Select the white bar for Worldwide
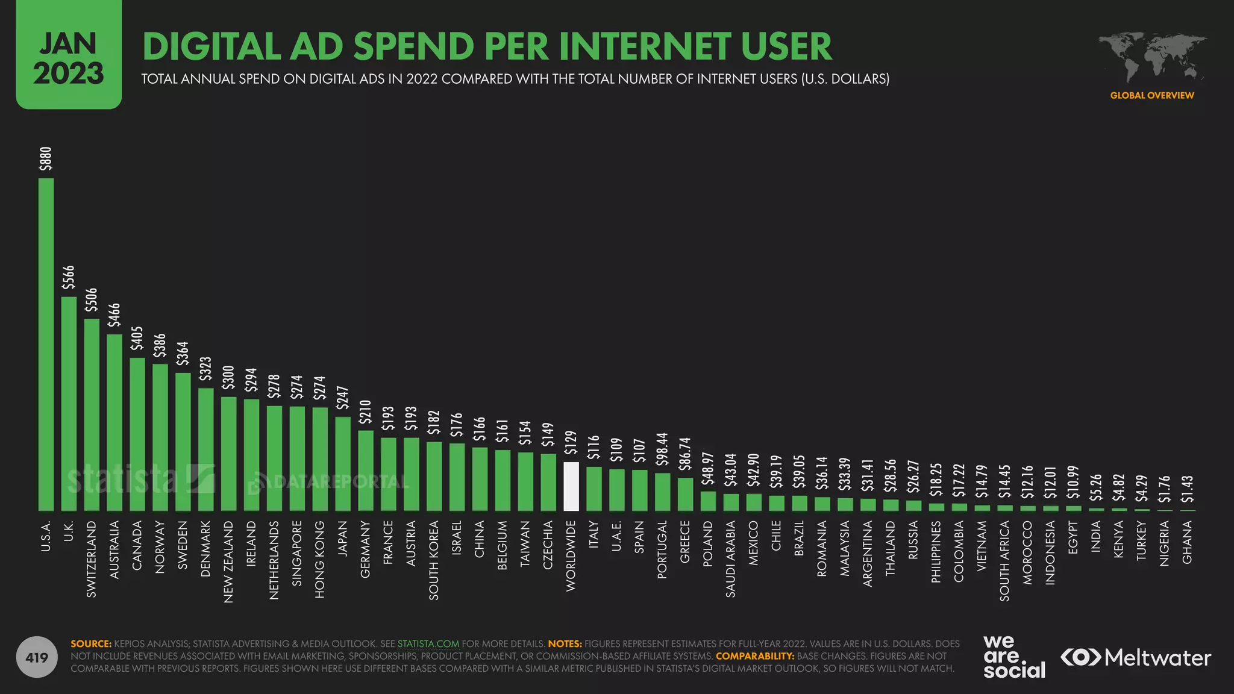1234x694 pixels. pyautogui.click(x=571, y=487)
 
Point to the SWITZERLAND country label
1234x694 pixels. pyautogui.click(x=92, y=559)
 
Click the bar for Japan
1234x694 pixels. pyautogui.click(x=343, y=464)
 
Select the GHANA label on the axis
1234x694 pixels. pyautogui.click(x=1187, y=542)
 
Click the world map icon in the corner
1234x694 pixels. pyautogui.click(x=1152, y=58)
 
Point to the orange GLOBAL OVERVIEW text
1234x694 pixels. pyautogui.click(x=1152, y=95)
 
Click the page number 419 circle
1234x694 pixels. pyautogui.click(x=37, y=657)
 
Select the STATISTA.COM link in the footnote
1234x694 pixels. pyautogui.click(x=428, y=643)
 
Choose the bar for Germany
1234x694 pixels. pyautogui.click(x=366, y=470)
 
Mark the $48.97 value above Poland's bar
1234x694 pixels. pyautogui.click(x=708, y=469)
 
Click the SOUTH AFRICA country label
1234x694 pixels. pyautogui.click(x=1004, y=560)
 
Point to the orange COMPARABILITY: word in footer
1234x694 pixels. pyautogui.click(x=754, y=656)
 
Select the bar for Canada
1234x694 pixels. pyautogui.click(x=137, y=434)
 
